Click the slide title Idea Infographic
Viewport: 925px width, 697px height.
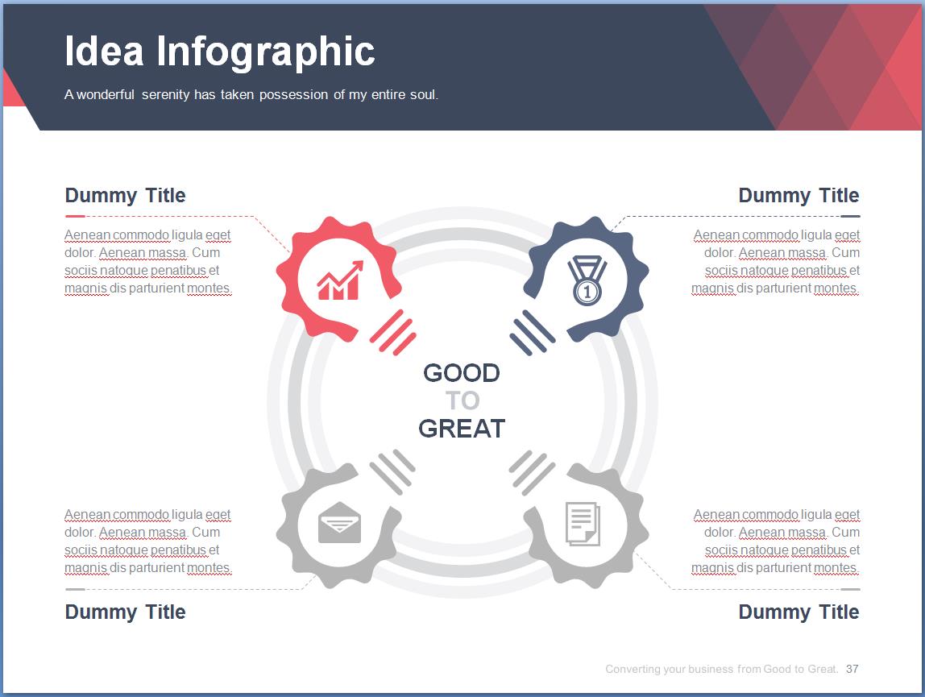(219, 52)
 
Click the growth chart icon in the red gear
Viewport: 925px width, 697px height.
(340, 280)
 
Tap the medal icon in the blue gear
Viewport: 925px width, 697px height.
(587, 280)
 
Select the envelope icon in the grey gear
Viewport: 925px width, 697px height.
(339, 522)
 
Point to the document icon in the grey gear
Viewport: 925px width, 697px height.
(583, 524)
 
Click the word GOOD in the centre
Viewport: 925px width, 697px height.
(462, 373)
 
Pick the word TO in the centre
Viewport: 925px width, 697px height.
(462, 400)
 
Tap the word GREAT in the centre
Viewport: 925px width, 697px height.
(462, 429)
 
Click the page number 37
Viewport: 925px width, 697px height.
(852, 670)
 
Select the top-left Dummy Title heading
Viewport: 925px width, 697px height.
(125, 195)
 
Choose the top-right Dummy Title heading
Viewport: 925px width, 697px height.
(798, 195)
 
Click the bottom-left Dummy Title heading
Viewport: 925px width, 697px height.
(125, 612)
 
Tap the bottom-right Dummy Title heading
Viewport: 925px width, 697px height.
(798, 612)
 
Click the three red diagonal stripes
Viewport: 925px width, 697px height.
(393, 332)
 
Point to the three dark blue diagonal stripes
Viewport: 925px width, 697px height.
(532, 333)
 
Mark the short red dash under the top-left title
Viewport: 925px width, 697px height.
(75, 217)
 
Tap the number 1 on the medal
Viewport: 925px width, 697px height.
(587, 292)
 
